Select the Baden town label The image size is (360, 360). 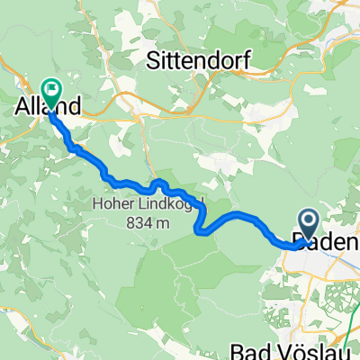328,242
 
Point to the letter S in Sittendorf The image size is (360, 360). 152,60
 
